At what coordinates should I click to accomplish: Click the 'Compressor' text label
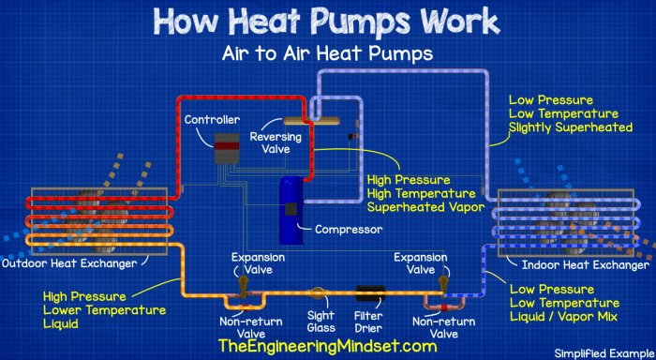tap(348, 228)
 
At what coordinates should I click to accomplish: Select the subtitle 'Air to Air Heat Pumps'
tap(326, 53)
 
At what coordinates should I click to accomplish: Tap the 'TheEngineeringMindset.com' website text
tap(326, 346)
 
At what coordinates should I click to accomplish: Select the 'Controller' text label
tap(212, 120)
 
